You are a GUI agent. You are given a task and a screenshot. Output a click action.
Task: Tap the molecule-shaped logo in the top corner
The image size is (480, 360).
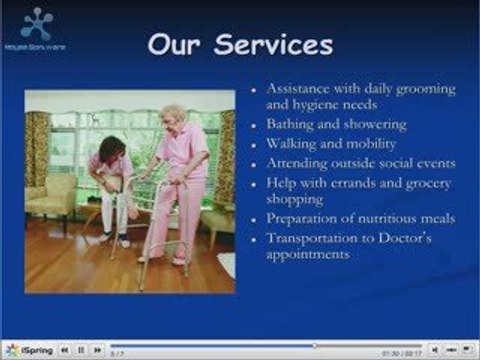[x=36, y=23]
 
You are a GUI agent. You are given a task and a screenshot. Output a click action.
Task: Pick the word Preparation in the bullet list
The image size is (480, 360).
[x=303, y=219]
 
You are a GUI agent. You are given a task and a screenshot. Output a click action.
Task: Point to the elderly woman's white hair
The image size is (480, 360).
[x=174, y=113]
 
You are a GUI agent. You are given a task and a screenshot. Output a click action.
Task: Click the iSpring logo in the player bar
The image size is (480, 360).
[x=32, y=350]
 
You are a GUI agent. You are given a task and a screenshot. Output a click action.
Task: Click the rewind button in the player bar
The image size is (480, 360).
[x=64, y=350]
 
